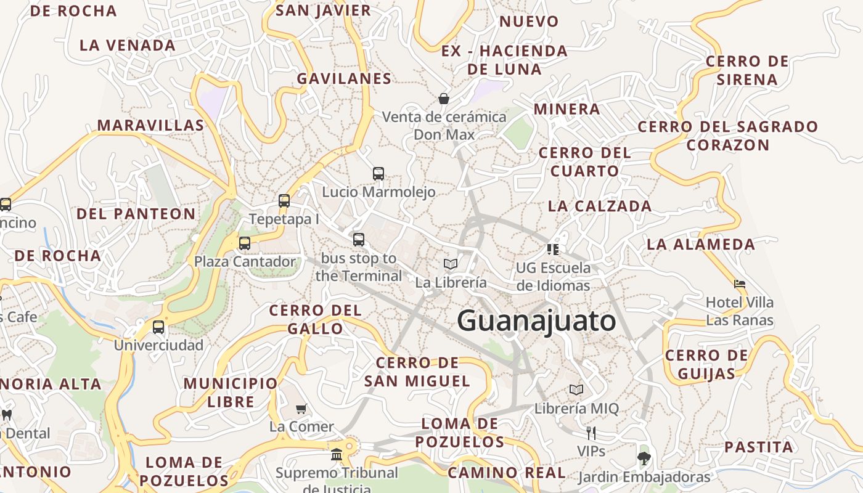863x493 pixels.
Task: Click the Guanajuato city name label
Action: point(536,321)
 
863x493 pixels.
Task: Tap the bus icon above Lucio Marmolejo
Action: point(378,174)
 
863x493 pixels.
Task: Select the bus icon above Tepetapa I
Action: point(284,200)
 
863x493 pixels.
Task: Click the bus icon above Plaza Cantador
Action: point(245,243)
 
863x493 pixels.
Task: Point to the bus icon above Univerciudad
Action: point(158,327)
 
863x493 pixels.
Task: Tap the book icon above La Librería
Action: point(451,264)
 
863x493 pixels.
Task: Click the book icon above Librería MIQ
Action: point(576,389)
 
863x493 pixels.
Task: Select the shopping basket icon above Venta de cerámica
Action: point(443,98)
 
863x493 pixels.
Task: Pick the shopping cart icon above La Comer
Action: point(301,409)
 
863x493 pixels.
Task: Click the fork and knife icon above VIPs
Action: point(591,433)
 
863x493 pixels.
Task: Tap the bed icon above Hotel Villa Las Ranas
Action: point(740,284)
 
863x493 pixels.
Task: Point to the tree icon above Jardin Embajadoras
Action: point(644,458)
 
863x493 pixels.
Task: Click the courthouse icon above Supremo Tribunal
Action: point(337,454)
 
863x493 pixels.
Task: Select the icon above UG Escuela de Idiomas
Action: point(553,249)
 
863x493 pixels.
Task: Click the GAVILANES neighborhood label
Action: point(344,79)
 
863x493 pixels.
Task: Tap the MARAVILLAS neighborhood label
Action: point(150,126)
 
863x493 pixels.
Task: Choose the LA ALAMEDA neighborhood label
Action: point(700,245)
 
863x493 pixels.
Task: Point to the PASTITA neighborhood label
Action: point(758,447)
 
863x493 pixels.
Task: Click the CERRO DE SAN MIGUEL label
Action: point(417,372)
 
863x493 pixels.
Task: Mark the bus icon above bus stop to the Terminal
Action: point(359,239)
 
